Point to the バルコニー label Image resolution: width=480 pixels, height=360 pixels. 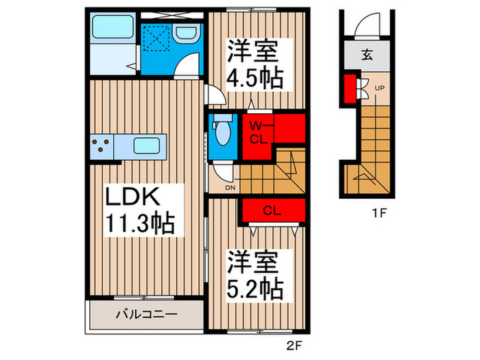point(145,315)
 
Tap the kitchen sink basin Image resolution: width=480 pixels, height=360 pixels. point(147,146)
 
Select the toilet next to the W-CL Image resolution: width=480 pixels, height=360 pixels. point(221,132)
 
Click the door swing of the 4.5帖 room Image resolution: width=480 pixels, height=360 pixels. point(213,94)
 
